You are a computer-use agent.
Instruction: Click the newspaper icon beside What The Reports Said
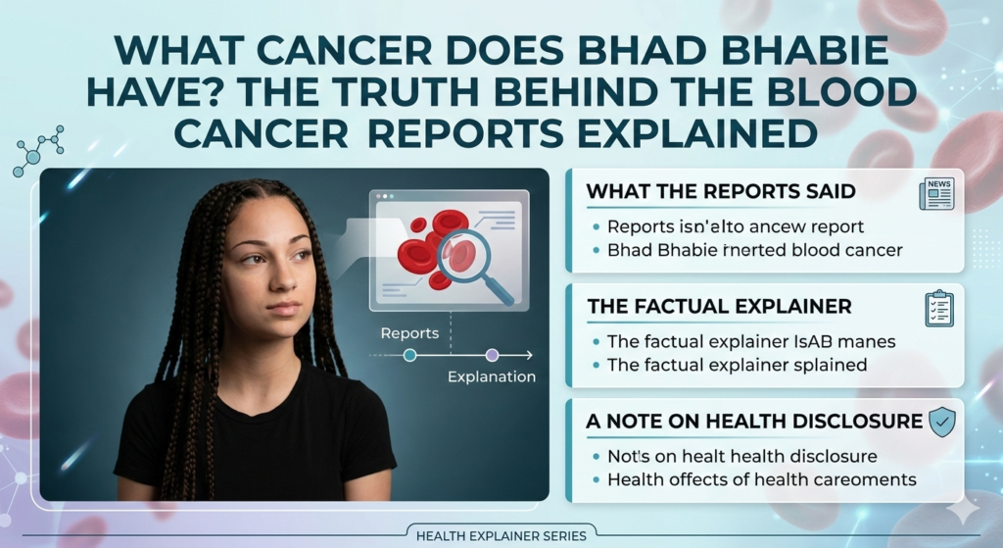(936, 193)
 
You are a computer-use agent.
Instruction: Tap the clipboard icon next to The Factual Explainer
(938, 308)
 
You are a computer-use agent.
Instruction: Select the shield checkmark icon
(941, 422)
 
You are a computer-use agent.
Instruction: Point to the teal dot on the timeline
(409, 355)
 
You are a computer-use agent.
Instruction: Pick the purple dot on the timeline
(492, 355)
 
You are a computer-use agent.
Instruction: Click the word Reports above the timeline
(409, 332)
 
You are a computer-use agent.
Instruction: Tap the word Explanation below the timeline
(491, 376)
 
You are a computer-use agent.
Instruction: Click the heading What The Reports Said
(721, 192)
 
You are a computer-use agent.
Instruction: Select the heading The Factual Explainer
(719, 307)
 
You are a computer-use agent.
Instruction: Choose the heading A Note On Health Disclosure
(754, 422)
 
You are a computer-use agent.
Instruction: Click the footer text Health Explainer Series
(501, 535)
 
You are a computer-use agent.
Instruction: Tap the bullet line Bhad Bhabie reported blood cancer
(754, 250)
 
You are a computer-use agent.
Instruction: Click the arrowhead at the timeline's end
(529, 355)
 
